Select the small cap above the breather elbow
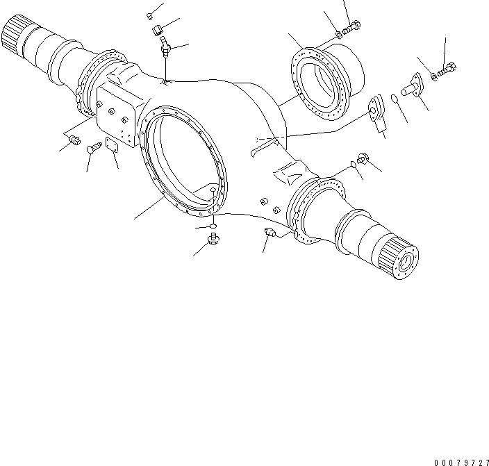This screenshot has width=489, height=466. coord(150,16)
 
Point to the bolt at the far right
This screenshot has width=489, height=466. coord(449,69)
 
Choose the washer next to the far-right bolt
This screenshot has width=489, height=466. coord(435,75)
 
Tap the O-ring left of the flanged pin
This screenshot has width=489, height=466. coord(395,99)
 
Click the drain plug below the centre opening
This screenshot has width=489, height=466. coord(214,240)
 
